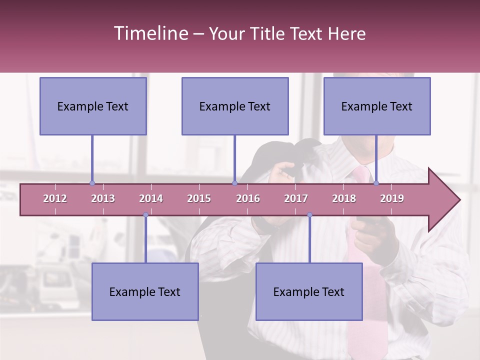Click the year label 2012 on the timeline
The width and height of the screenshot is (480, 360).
(55, 198)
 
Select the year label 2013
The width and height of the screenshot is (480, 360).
(103, 198)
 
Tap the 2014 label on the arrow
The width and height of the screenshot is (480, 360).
(151, 198)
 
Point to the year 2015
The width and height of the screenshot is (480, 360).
(199, 198)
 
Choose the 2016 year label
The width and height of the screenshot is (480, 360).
(248, 198)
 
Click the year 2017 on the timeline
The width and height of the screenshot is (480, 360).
(296, 198)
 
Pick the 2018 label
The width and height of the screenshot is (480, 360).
(344, 198)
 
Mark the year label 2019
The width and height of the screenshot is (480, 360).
(392, 198)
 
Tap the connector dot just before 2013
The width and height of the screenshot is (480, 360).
(92, 183)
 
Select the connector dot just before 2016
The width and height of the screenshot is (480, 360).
(234, 183)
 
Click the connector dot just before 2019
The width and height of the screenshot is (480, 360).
(376, 183)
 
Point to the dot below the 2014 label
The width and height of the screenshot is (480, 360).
(145, 215)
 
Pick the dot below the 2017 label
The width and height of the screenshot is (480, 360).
(309, 215)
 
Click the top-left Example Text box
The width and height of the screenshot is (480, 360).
(93, 106)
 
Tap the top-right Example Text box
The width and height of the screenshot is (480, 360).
(377, 106)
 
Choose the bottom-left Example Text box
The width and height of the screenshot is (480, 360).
(145, 291)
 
